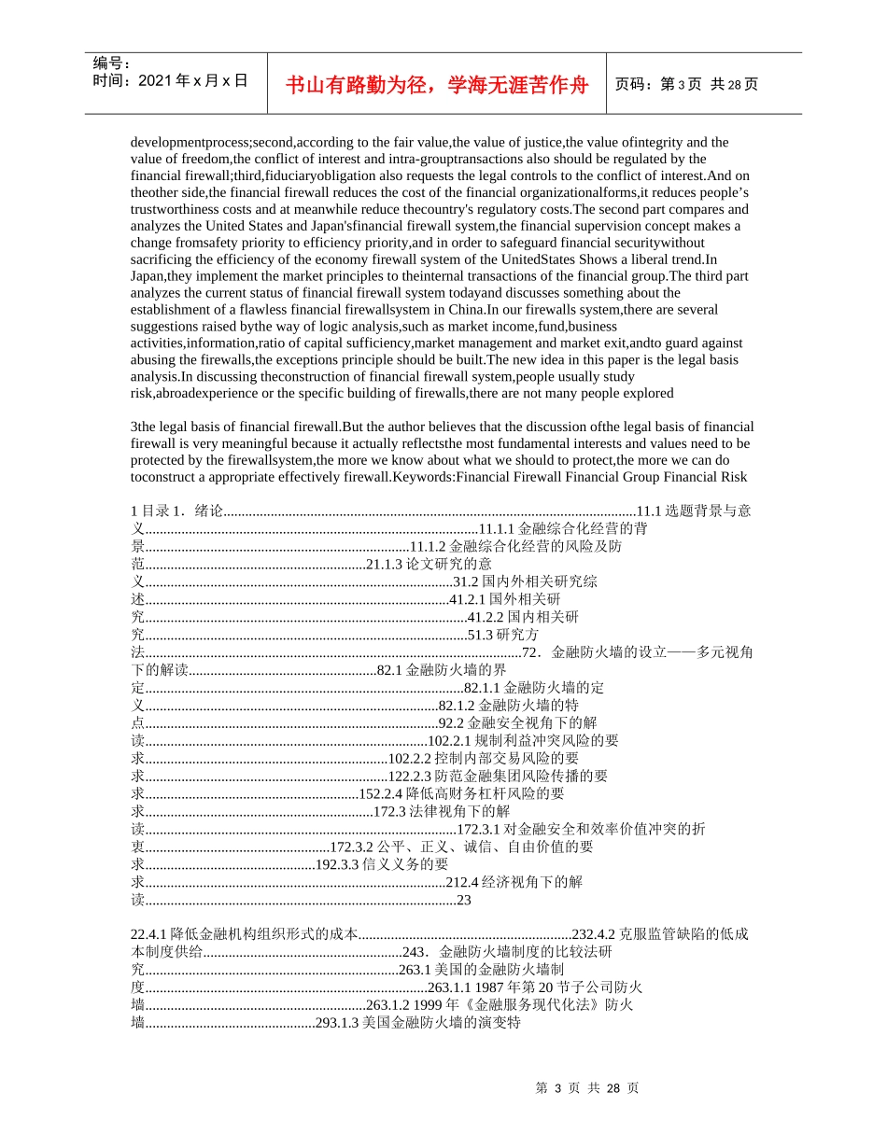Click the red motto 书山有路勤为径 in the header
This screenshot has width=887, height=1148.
437,85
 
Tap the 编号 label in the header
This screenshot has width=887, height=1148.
112,63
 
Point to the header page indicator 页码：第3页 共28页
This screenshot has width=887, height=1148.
686,84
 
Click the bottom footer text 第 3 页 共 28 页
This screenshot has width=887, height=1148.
587,1088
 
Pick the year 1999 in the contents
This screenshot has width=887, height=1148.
416,1005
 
